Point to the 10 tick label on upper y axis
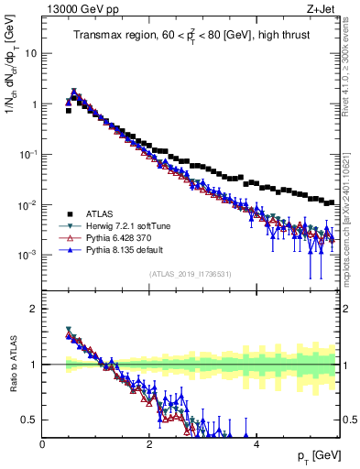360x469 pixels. coord(29,53)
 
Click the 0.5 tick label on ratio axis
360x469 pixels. coord(27,420)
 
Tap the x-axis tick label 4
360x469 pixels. coord(256,444)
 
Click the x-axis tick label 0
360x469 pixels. coord(42,444)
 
